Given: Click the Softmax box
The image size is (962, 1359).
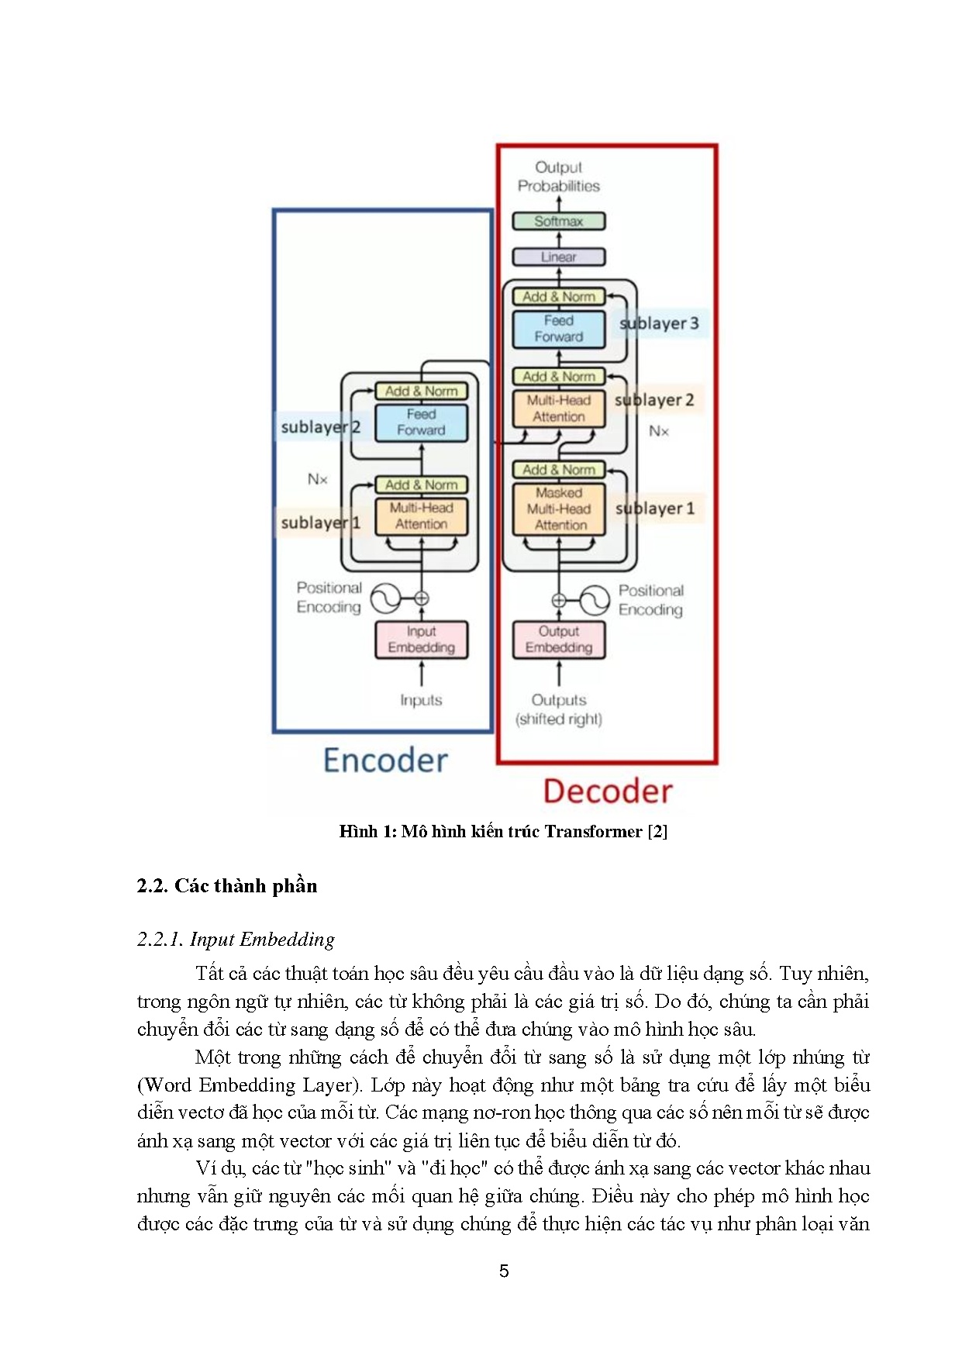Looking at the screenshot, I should pyautogui.click(x=558, y=221).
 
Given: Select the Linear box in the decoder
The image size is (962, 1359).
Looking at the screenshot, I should pyautogui.click(x=558, y=257).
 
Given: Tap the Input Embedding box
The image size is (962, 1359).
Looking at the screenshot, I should pyautogui.click(x=421, y=640).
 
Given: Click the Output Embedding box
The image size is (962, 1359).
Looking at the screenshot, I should pyautogui.click(x=558, y=640).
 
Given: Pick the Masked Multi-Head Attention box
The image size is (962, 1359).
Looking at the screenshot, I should pyautogui.click(x=558, y=509).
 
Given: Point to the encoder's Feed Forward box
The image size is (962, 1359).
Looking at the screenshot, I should pyautogui.click(x=421, y=423).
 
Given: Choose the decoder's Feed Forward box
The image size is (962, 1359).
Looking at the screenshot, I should pyautogui.click(x=558, y=329).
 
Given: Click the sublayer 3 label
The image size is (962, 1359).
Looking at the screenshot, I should pyautogui.click(x=660, y=323).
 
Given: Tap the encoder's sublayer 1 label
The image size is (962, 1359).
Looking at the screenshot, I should pyautogui.click(x=320, y=523).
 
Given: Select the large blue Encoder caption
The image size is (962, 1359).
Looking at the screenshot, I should pyautogui.click(x=385, y=761).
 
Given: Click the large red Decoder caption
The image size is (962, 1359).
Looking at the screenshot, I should pyautogui.click(x=608, y=791).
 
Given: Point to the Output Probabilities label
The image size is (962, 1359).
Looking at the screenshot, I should pyautogui.click(x=558, y=177).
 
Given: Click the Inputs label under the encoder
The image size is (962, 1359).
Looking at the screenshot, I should pyautogui.click(x=421, y=700).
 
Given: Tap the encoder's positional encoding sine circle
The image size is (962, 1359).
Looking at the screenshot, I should pyautogui.click(x=384, y=598).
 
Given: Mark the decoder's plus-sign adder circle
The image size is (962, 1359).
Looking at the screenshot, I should pyautogui.click(x=558, y=600).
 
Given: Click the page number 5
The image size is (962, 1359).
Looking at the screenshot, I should pyautogui.click(x=504, y=1271).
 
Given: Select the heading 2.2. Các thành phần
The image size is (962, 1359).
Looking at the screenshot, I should pyautogui.click(x=227, y=886).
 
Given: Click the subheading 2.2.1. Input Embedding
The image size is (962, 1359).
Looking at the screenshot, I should pyautogui.click(x=236, y=940).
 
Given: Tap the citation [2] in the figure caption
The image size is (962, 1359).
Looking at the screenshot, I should pyautogui.click(x=657, y=832).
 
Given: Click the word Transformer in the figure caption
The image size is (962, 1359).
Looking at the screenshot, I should pyautogui.click(x=593, y=832).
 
